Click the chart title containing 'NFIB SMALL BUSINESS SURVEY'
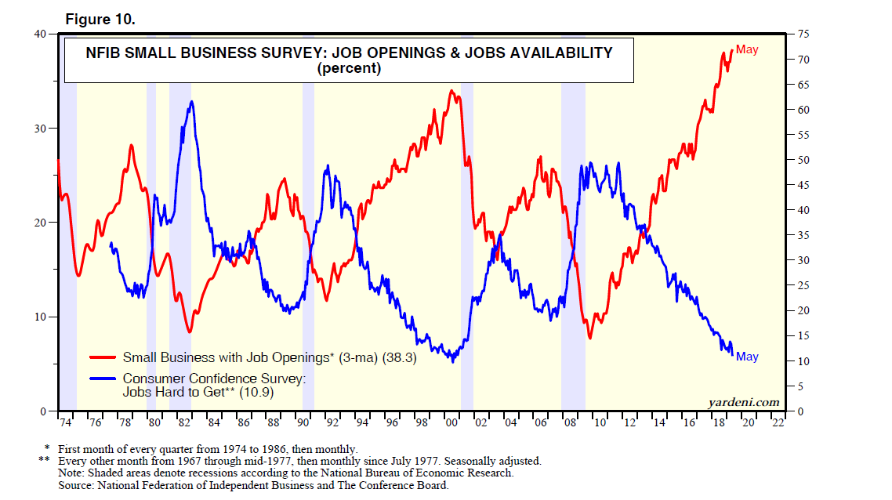(x=348, y=53)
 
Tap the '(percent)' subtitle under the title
(x=348, y=68)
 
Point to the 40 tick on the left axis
(x=40, y=34)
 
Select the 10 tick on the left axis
(x=40, y=317)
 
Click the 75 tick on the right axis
(x=803, y=34)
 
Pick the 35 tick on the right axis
(x=803, y=235)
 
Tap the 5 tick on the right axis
(x=800, y=386)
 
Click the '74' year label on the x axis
(x=66, y=423)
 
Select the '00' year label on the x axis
(x=452, y=423)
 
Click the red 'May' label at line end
(x=747, y=50)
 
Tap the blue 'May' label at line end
(x=747, y=357)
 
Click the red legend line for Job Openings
(x=103, y=357)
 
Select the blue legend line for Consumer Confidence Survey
(x=103, y=379)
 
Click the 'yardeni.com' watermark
(x=745, y=402)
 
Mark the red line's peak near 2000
(x=451, y=91)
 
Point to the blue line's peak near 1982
(x=190, y=102)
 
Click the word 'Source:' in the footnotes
(x=77, y=485)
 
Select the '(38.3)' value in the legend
(x=399, y=357)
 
